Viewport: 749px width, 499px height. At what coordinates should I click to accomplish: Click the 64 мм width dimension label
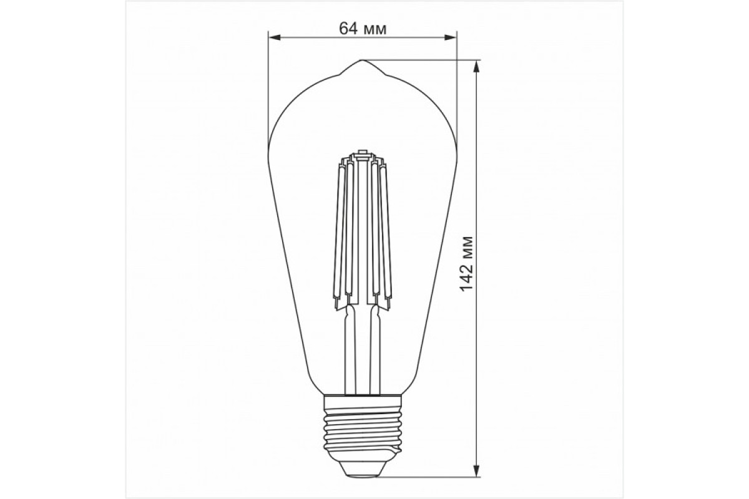[x=361, y=29]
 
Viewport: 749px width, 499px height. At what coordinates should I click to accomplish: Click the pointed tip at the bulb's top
[x=362, y=61]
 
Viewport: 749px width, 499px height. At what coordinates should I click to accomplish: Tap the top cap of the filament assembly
[x=361, y=152]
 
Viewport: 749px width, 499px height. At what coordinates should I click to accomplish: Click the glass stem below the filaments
[x=361, y=349]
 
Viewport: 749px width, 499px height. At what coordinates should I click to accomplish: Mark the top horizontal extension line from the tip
[x=424, y=61]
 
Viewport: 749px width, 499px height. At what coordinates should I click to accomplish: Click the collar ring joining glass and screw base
[x=362, y=397]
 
